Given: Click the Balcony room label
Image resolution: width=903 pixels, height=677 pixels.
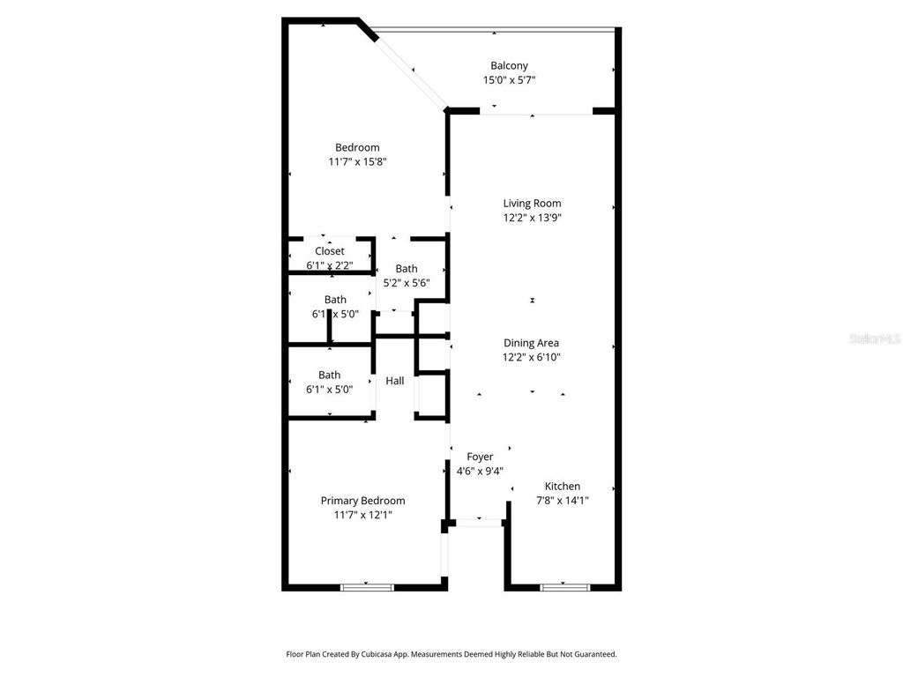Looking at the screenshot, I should pyautogui.click(x=509, y=65).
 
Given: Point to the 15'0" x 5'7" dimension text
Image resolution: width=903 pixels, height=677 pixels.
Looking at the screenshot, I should pyautogui.click(x=509, y=80).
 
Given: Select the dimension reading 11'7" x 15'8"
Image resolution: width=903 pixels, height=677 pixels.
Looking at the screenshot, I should pyautogui.click(x=357, y=162).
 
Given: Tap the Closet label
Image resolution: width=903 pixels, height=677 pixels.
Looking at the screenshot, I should pyautogui.click(x=330, y=251).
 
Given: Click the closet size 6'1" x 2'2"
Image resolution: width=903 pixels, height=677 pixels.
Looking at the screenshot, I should pyautogui.click(x=330, y=265).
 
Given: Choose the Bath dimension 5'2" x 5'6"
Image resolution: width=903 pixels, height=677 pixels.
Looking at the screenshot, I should pyautogui.click(x=406, y=283).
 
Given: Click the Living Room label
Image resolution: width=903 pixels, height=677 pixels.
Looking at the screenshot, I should pyautogui.click(x=532, y=203).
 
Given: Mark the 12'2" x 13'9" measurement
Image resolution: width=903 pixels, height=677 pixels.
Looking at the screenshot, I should pyautogui.click(x=532, y=218).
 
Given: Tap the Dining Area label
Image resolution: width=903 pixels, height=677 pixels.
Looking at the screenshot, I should pyautogui.click(x=531, y=343).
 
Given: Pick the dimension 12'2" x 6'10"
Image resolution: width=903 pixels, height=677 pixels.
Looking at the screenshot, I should pyautogui.click(x=531, y=357).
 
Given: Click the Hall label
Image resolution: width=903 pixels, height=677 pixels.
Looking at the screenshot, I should pyautogui.click(x=395, y=381).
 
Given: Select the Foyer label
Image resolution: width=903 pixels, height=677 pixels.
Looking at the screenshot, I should pyautogui.click(x=480, y=457).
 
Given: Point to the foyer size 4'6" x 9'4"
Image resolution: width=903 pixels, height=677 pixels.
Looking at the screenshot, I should pyautogui.click(x=480, y=471).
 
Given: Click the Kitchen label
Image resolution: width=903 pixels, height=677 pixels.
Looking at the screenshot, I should pyautogui.click(x=562, y=486).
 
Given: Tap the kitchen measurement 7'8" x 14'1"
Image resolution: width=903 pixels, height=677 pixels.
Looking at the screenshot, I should pyautogui.click(x=562, y=500).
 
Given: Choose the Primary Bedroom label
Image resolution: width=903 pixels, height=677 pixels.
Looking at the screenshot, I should pyautogui.click(x=362, y=500).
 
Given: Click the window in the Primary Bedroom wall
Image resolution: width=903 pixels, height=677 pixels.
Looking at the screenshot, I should pyautogui.click(x=367, y=586).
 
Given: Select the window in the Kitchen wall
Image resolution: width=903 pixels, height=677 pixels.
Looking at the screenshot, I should pyautogui.click(x=564, y=586).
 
